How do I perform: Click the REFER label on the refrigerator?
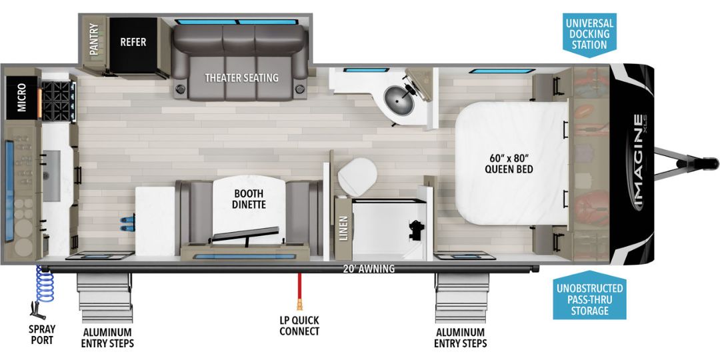[133, 42]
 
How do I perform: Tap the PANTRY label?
[94, 39]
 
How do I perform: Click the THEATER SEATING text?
[241, 77]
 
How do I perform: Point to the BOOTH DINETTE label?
[249, 199]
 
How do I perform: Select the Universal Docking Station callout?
[589, 34]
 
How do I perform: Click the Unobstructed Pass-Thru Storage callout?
[589, 299]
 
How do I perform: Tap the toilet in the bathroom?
[357, 177]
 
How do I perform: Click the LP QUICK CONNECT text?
[299, 325]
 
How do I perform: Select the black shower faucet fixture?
[417, 229]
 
